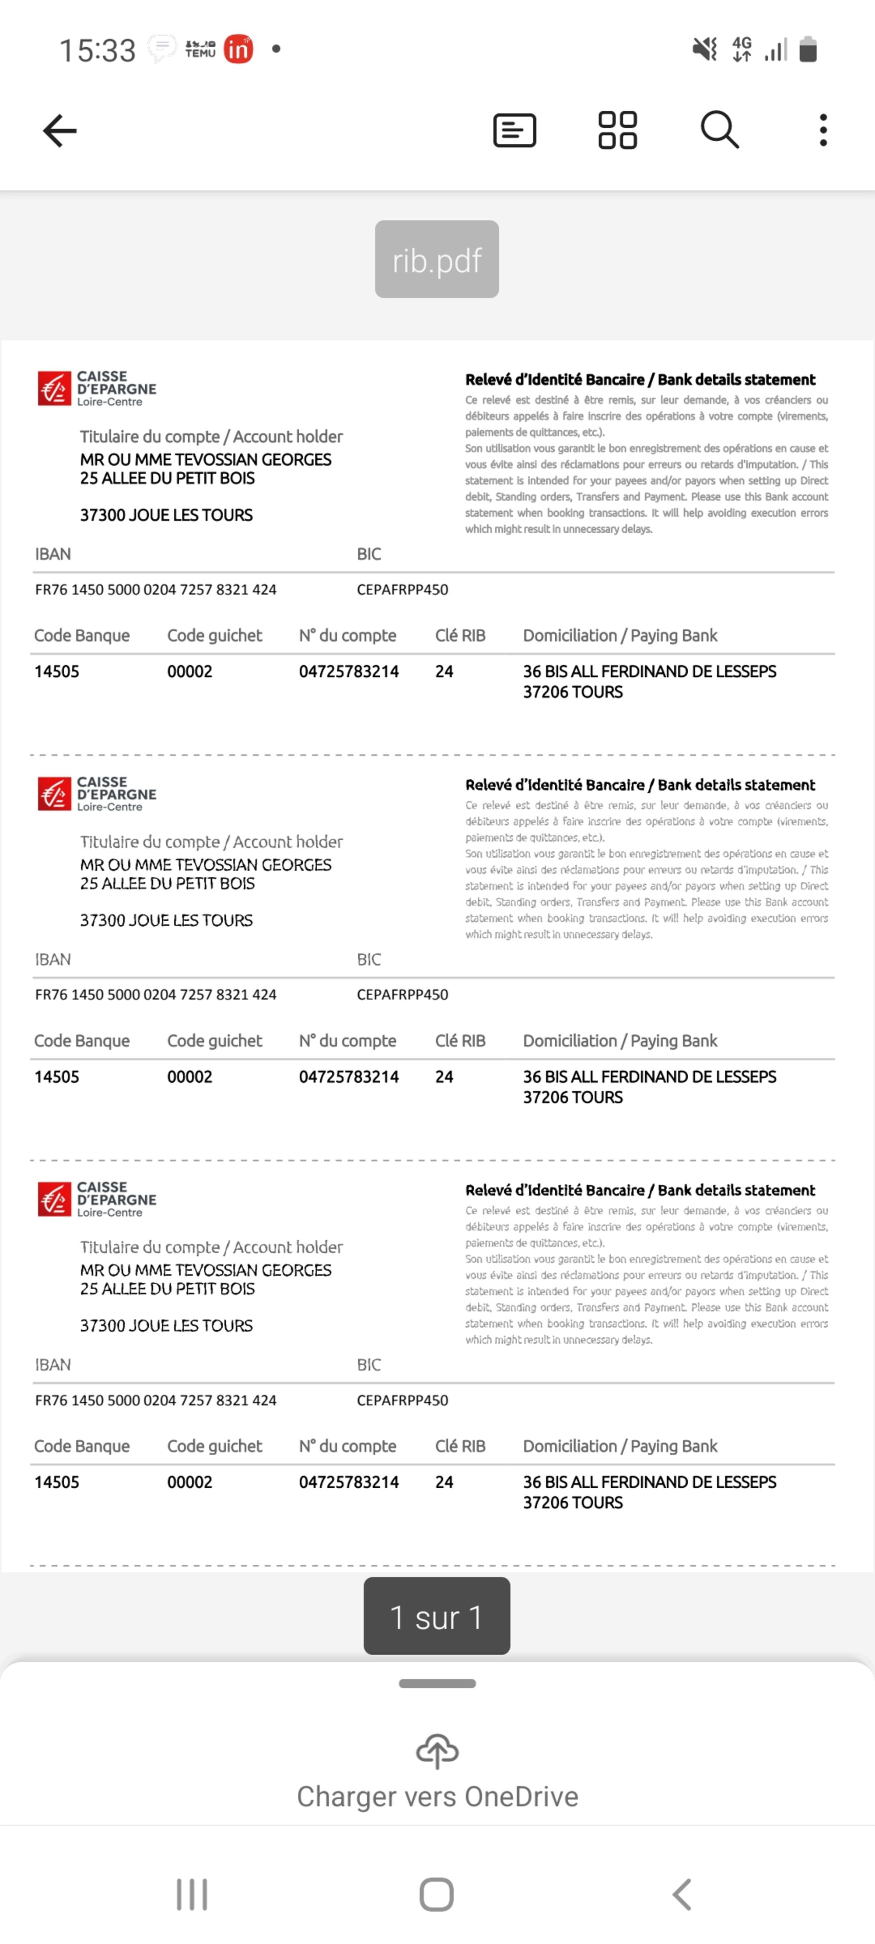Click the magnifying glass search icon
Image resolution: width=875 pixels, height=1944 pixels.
click(x=720, y=130)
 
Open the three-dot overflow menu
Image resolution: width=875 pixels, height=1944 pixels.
click(x=823, y=130)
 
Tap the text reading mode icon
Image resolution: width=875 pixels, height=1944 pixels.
click(x=514, y=130)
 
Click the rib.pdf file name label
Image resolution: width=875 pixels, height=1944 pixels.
click(x=436, y=259)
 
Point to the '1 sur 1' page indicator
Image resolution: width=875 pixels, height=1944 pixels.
click(x=436, y=1616)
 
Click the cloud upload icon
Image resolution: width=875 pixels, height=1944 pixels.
click(x=437, y=1751)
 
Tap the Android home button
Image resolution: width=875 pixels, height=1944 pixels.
click(x=436, y=1894)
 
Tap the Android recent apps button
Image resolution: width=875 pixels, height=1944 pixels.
click(x=192, y=1894)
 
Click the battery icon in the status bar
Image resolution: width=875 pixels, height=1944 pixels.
click(x=808, y=50)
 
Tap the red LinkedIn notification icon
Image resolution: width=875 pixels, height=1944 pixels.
click(x=238, y=50)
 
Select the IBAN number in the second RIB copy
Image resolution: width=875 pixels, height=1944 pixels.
click(x=155, y=995)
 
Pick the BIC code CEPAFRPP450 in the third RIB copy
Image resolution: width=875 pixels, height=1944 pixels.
click(x=402, y=1400)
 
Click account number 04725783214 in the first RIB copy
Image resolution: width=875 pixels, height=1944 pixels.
click(x=349, y=671)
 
